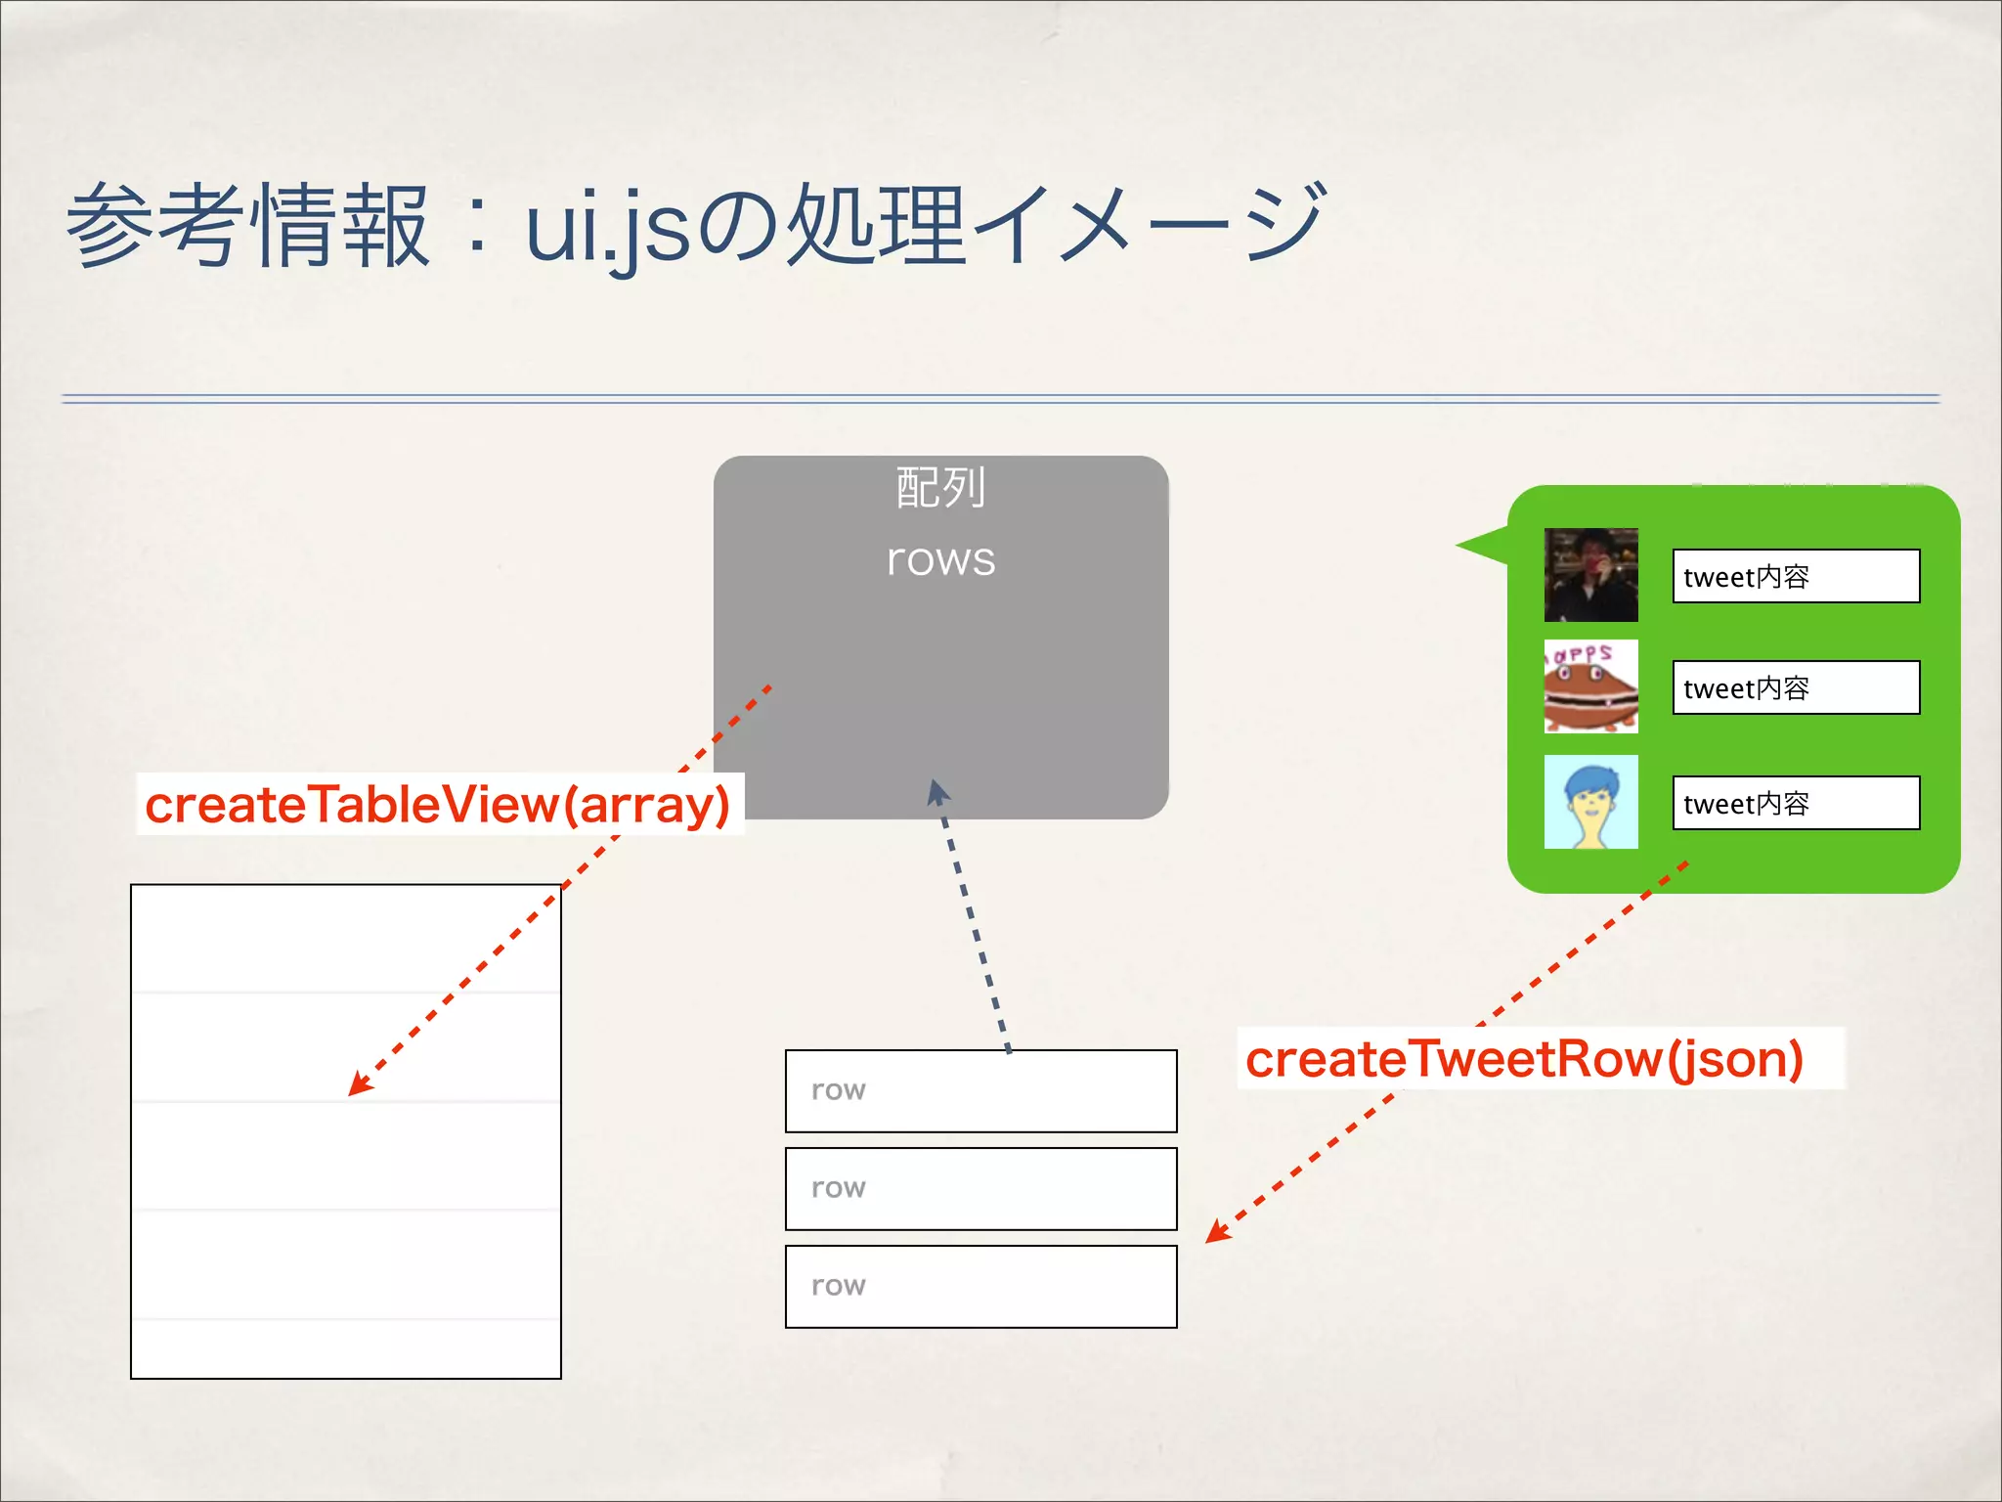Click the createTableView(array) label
(x=438, y=805)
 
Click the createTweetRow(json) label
(x=1525, y=1059)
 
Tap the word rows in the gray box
(x=940, y=559)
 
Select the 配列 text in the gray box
(x=940, y=487)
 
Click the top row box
(x=980, y=1091)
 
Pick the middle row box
(x=980, y=1189)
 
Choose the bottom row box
(x=980, y=1287)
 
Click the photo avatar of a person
(x=1590, y=575)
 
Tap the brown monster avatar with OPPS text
(x=1590, y=686)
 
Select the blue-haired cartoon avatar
(x=1590, y=802)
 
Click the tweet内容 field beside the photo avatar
(x=1796, y=576)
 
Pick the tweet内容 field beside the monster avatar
(x=1796, y=687)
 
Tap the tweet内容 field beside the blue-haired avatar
(x=1796, y=803)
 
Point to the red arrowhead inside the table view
(x=359, y=1085)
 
